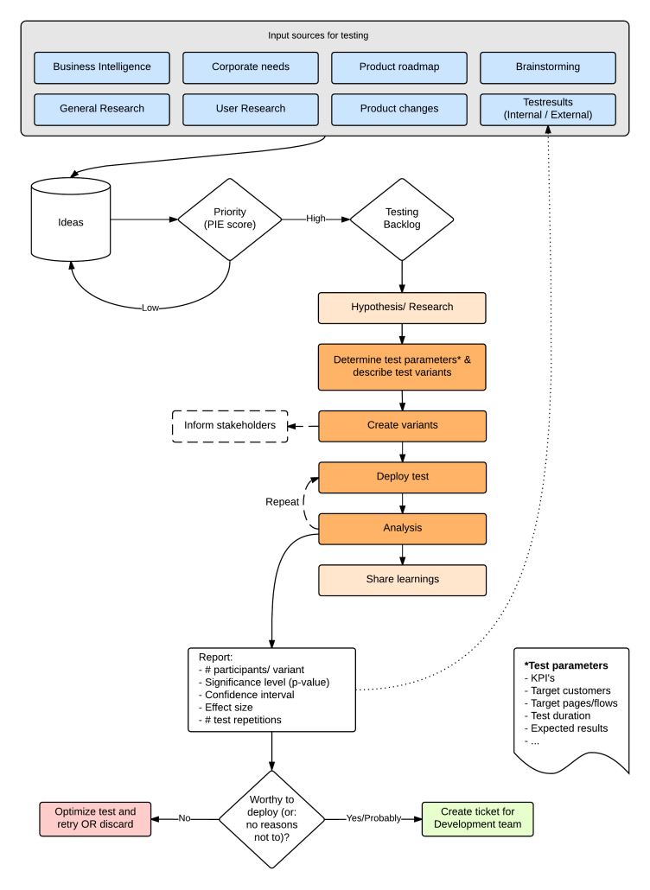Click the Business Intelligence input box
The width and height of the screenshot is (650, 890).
(102, 67)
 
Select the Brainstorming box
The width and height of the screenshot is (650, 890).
(547, 67)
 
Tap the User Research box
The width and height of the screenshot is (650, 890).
(251, 109)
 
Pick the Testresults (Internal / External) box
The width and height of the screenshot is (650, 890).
(547, 109)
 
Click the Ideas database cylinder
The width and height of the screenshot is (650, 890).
(71, 221)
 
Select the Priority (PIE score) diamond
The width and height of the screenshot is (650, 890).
(230, 219)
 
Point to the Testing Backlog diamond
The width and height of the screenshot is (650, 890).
(402, 219)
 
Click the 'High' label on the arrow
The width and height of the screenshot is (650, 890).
(315, 219)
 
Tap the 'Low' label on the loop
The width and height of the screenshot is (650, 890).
(150, 307)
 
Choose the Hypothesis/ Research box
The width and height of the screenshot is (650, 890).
(402, 308)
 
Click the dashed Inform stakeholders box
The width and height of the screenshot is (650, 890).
(230, 425)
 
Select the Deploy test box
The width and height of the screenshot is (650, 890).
(402, 477)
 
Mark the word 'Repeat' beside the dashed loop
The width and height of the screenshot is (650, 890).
(282, 501)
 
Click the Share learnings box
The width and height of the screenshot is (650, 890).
(402, 580)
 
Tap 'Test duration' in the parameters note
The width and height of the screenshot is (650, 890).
(560, 715)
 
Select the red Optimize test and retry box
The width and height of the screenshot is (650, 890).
(95, 817)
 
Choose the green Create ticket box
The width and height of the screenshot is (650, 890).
(477, 817)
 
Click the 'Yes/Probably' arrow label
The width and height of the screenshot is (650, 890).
(373, 817)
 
